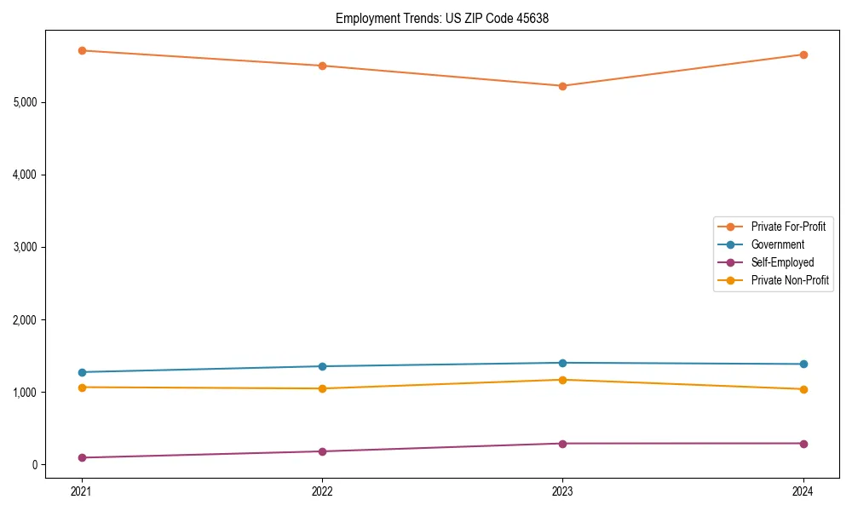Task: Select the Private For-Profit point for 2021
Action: [x=82, y=50]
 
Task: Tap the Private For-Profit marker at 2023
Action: [x=562, y=86]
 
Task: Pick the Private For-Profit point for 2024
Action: [x=803, y=55]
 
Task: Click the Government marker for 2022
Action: [x=322, y=366]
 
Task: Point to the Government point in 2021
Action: [x=82, y=372]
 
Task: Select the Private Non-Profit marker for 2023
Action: [x=562, y=380]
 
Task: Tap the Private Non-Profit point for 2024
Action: [x=803, y=389]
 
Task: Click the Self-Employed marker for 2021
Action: [x=82, y=457]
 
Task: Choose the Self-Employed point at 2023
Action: [x=562, y=444]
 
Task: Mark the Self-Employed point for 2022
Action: [x=322, y=451]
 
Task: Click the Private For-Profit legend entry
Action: [x=787, y=227]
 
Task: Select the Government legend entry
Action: [x=777, y=244]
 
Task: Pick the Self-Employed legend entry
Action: [x=782, y=262]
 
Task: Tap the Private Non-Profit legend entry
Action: [x=790, y=280]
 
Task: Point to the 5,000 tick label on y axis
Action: [x=26, y=102]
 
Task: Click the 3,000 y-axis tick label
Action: [x=26, y=247]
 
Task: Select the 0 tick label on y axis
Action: [x=35, y=465]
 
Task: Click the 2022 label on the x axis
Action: [x=322, y=491]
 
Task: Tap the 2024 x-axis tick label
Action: [x=803, y=491]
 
